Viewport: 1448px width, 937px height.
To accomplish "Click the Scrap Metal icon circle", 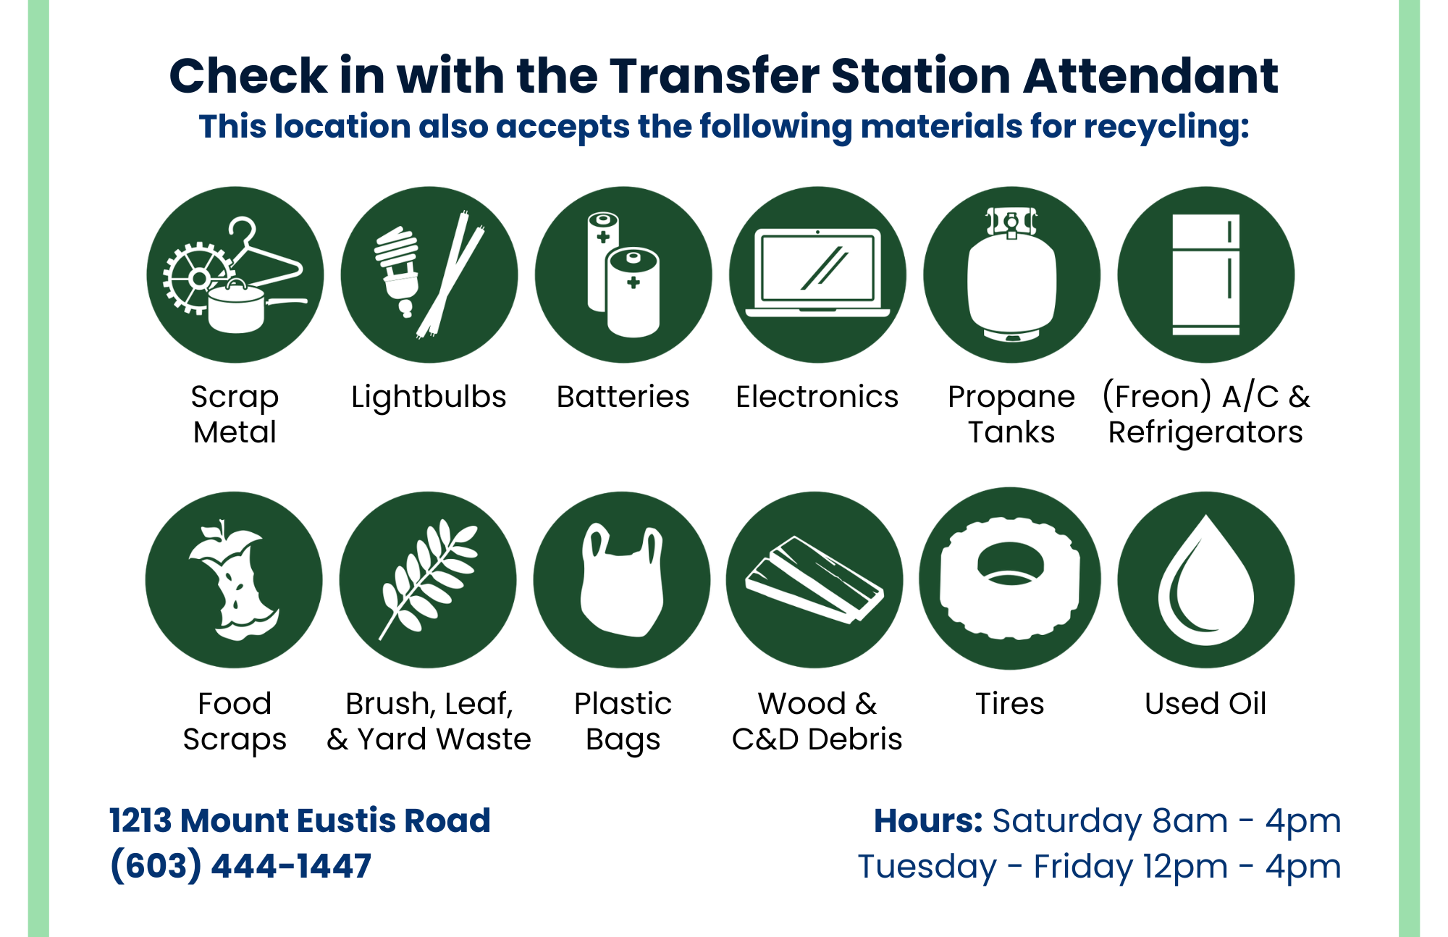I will (x=235, y=275).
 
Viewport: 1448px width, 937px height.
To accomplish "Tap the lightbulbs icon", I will (x=429, y=275).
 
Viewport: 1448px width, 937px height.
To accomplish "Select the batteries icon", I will (x=623, y=275).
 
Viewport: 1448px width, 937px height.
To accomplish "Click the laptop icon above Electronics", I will (x=817, y=275).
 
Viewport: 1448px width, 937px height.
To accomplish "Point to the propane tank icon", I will (x=1011, y=275).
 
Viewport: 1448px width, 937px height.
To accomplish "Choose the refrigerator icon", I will (x=1205, y=275).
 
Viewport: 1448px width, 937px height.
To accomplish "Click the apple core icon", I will (x=234, y=580).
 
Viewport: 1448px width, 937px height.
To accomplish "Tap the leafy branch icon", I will (x=428, y=580).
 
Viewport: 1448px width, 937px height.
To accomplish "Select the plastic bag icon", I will (x=622, y=580).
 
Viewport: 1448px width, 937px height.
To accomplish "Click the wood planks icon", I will (x=815, y=580).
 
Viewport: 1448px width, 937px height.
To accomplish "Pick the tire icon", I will (x=1010, y=579).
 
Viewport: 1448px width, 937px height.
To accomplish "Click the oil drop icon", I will (x=1205, y=580).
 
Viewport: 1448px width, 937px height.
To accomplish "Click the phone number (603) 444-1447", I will (x=240, y=866).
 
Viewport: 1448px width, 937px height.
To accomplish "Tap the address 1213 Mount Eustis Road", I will (x=300, y=820).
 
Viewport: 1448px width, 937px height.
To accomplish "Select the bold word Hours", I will (x=927, y=820).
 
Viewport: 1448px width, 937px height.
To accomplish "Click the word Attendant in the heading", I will (x=1150, y=76).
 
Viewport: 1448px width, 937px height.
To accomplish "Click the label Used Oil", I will (x=1205, y=703).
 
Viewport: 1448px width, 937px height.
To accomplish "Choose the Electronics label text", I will (x=817, y=397).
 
